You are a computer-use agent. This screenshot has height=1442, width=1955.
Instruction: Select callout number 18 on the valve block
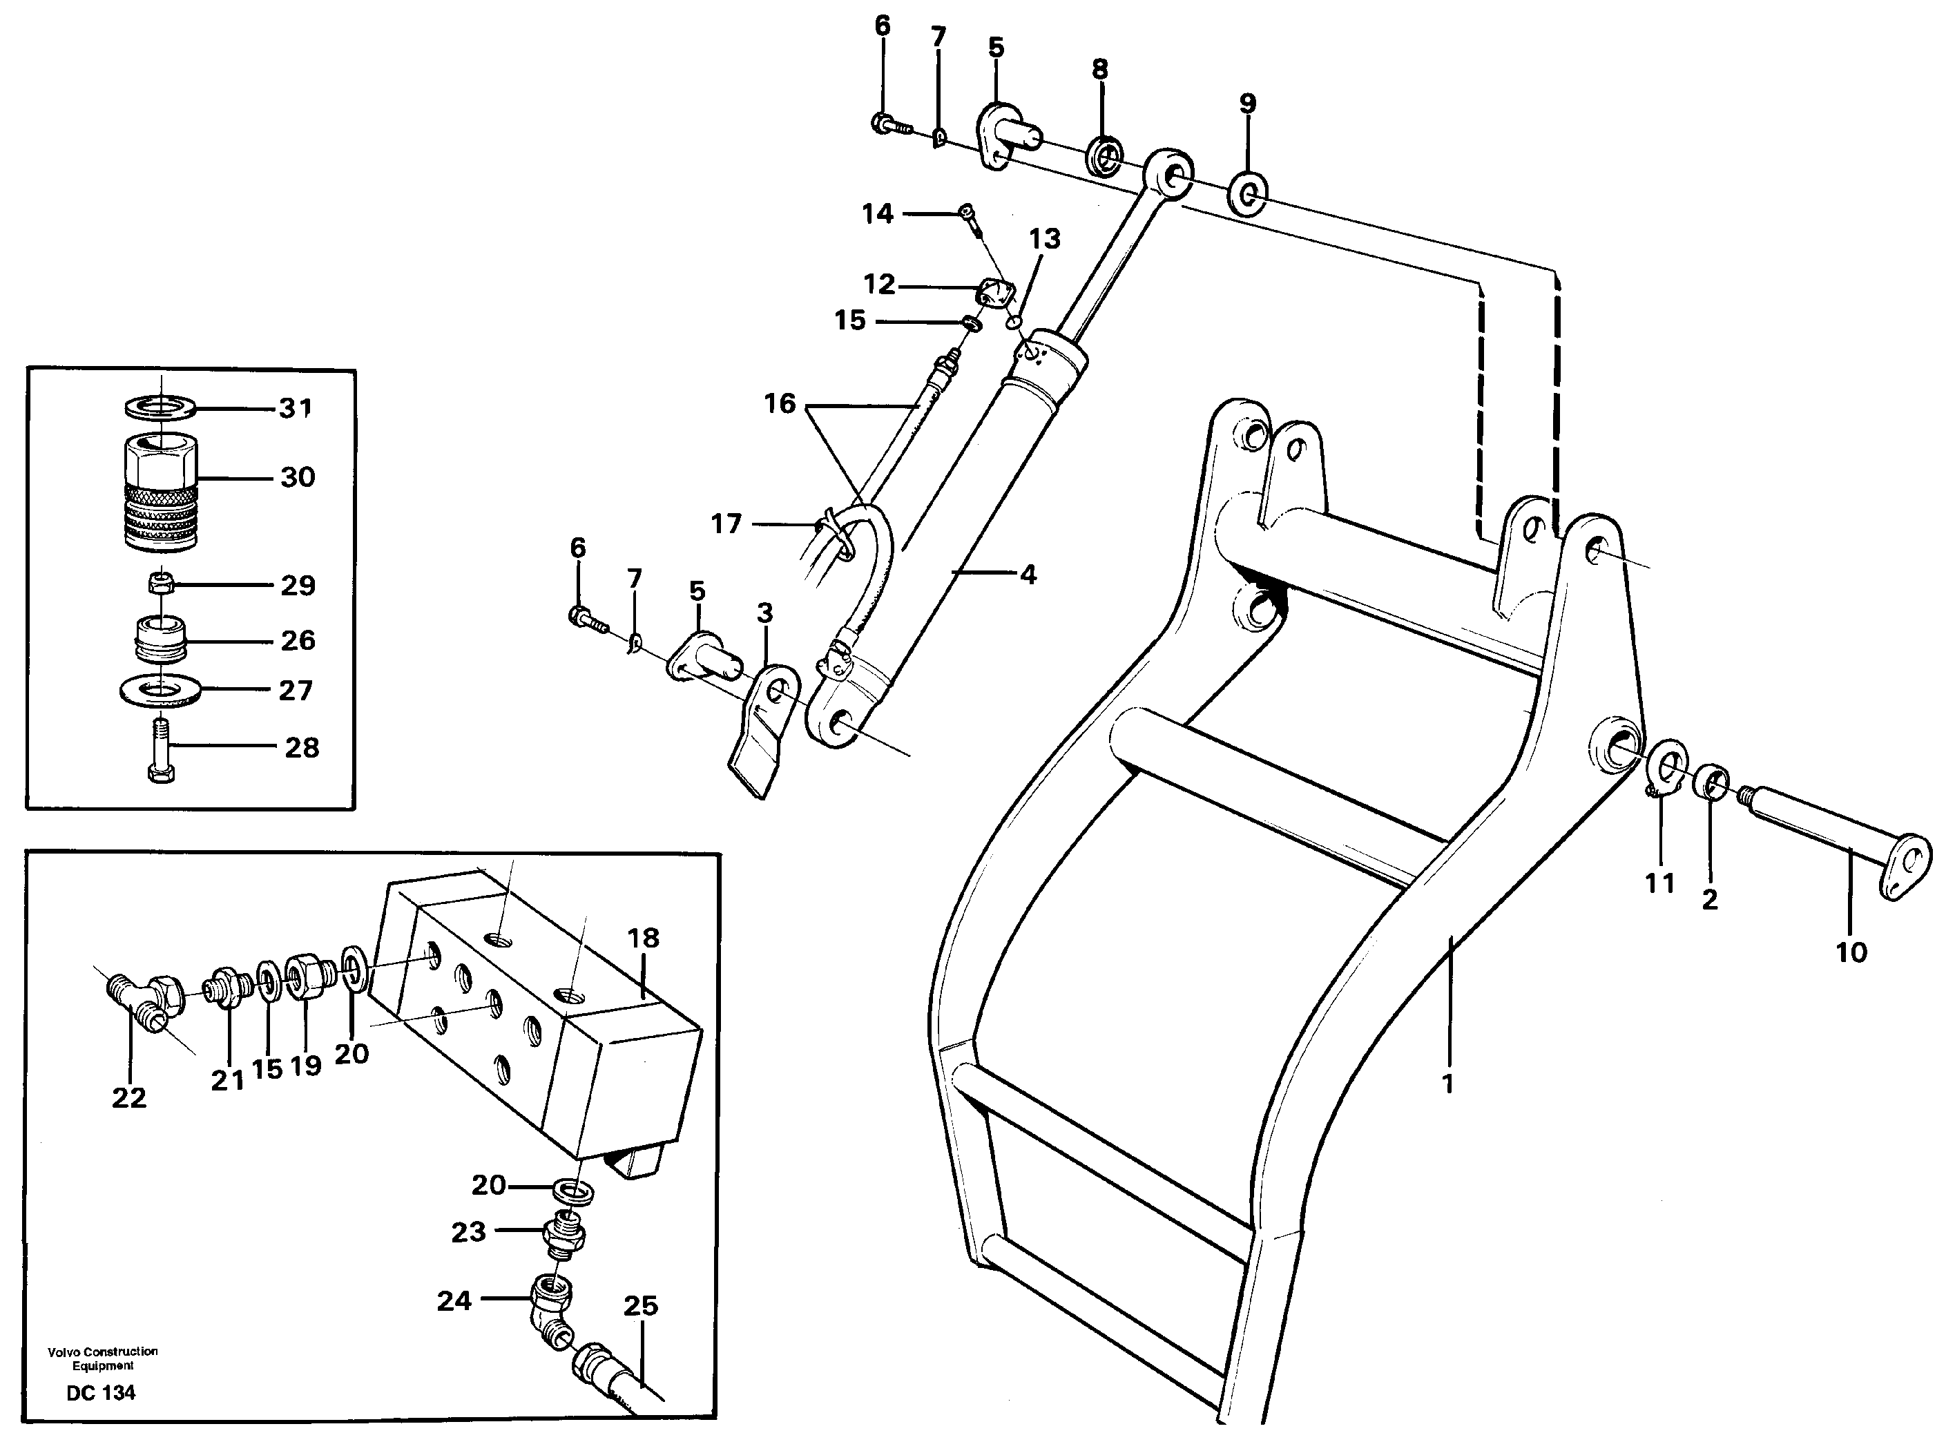tap(642, 939)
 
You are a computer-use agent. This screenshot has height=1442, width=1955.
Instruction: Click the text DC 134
tap(102, 1393)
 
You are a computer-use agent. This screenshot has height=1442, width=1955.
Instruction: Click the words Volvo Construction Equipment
tap(103, 1358)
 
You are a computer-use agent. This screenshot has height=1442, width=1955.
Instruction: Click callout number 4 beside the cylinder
tap(1028, 575)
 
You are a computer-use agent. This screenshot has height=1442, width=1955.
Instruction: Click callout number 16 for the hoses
tap(780, 403)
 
